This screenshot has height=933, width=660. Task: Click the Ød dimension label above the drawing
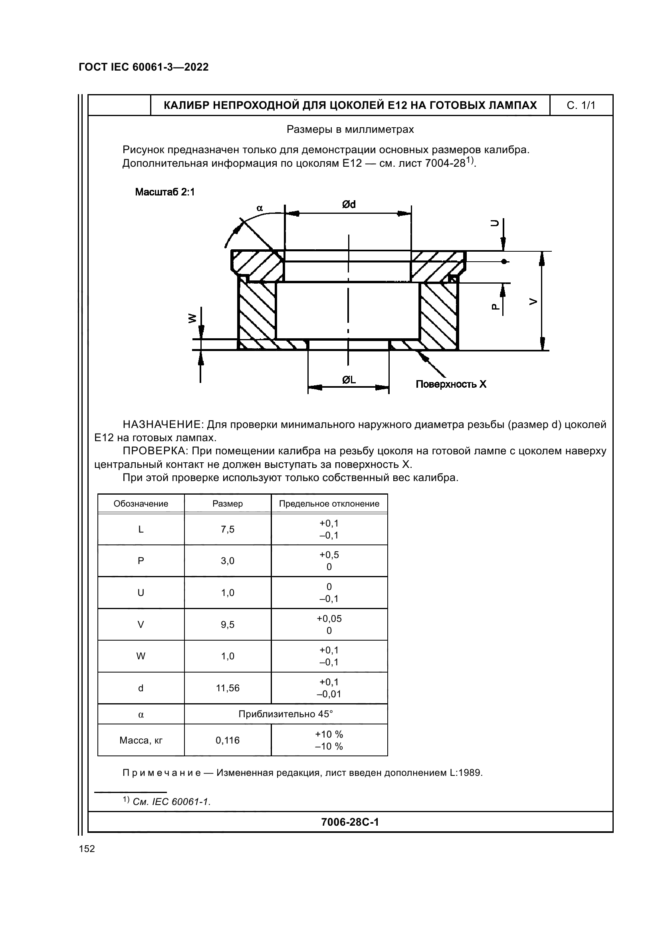pyautogui.click(x=349, y=204)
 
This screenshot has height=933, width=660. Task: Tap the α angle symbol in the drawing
pyautogui.click(x=260, y=208)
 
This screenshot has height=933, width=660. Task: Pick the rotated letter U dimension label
pyautogui.click(x=494, y=223)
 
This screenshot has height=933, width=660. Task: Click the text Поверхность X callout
pyautogui.click(x=450, y=384)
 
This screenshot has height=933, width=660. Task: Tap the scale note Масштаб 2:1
pyautogui.click(x=165, y=192)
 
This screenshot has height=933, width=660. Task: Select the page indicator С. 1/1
pyautogui.click(x=581, y=106)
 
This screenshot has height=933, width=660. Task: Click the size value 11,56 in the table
pyautogui.click(x=227, y=688)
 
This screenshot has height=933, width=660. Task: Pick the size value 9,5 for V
pyautogui.click(x=227, y=625)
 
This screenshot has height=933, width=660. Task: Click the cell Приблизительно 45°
pyautogui.click(x=285, y=714)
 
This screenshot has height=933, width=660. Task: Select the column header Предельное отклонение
pyautogui.click(x=329, y=504)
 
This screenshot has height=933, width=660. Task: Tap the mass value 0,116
pyautogui.click(x=227, y=740)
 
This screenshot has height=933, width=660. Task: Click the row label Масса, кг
pyautogui.click(x=141, y=740)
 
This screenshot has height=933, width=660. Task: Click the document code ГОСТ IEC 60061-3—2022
pyautogui.click(x=144, y=67)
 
